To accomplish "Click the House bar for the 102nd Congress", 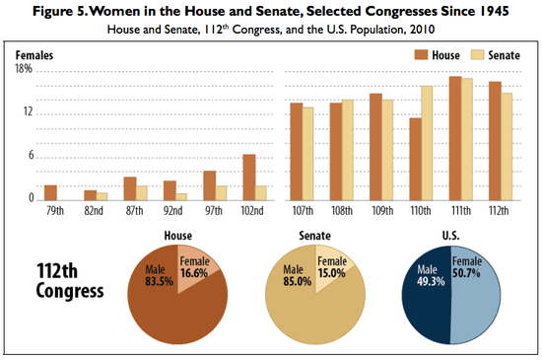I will coord(249,177).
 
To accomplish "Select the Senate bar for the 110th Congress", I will coord(428,142).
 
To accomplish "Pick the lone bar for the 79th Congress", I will coord(50,191).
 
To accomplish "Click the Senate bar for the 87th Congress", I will coord(142,191).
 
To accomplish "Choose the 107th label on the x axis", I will coord(302,211).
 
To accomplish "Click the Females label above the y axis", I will coord(34,56).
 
